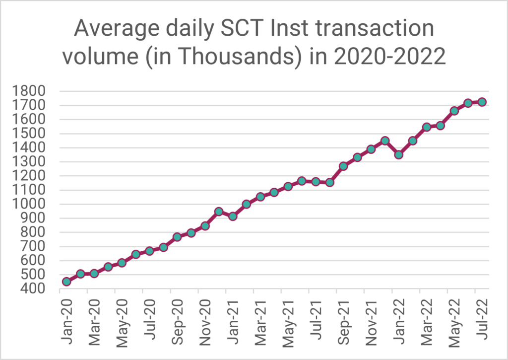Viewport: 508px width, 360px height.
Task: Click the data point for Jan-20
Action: pyautogui.click(x=66, y=282)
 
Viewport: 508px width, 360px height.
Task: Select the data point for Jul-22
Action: pyautogui.click(x=482, y=102)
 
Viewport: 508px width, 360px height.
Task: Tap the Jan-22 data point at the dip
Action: pyautogui.click(x=398, y=155)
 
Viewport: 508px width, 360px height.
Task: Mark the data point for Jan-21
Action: pyautogui.click(x=232, y=216)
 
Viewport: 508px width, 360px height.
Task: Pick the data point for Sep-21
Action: pyautogui.click(x=343, y=166)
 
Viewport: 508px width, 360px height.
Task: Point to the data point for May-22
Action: pyautogui.click(x=454, y=111)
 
